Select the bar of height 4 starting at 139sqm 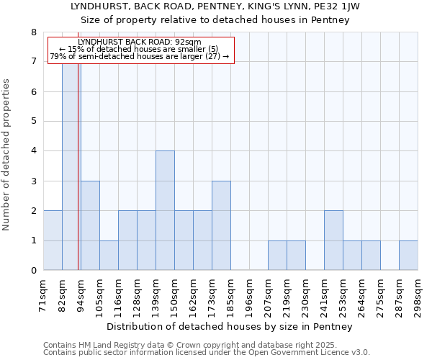pos(165,210)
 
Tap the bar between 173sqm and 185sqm pos(221,225)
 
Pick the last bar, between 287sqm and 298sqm pos(408,256)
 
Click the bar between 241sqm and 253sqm pos(333,240)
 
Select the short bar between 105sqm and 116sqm pos(109,256)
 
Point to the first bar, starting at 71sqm pos(53,240)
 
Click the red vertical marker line pos(78,180)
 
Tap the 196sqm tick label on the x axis pos(249,295)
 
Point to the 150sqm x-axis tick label pos(174,295)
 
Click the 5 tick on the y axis pos(33,121)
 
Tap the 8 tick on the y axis pos(33,32)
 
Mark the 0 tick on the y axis pos(33,271)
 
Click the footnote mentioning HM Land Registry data pos(205,345)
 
